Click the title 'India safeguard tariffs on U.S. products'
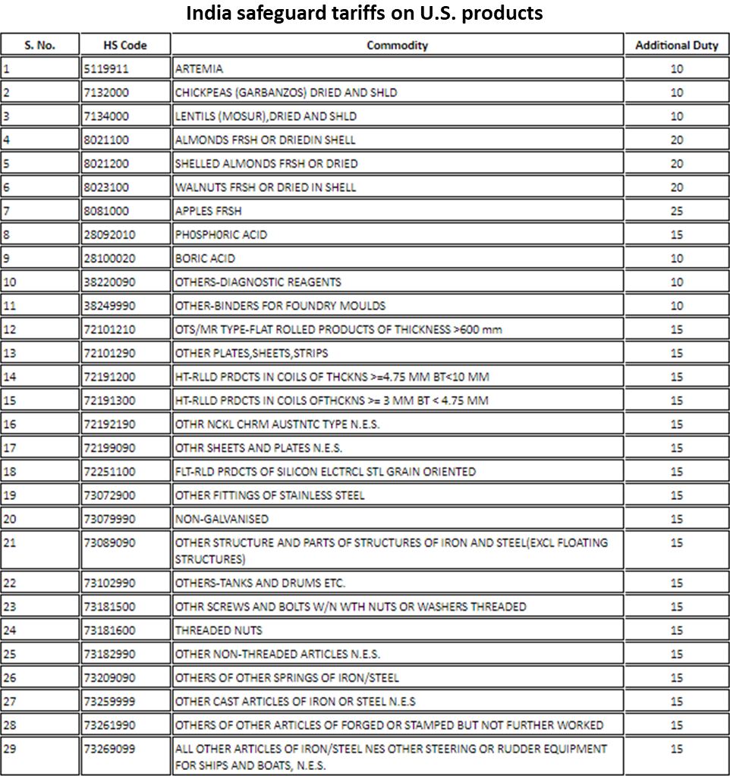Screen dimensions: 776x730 [x=364, y=14]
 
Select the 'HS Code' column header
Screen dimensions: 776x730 [x=125, y=46]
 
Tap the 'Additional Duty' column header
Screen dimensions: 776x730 [x=676, y=46]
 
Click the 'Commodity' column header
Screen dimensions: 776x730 [x=397, y=46]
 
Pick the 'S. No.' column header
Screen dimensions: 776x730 [x=39, y=46]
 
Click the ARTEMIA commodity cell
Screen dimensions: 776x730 [x=200, y=69]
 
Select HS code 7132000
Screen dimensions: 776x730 [x=106, y=93]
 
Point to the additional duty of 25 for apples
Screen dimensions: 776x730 [x=676, y=211]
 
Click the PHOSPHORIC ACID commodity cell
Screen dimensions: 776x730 [x=221, y=234]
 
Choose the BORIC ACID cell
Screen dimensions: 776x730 [x=205, y=258]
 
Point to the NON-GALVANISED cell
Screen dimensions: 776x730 [x=222, y=519]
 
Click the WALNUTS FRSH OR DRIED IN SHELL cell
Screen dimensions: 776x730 [x=266, y=187]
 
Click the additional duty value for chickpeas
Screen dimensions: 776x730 [x=676, y=93]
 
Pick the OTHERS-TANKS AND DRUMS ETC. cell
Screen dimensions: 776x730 [x=260, y=583]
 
